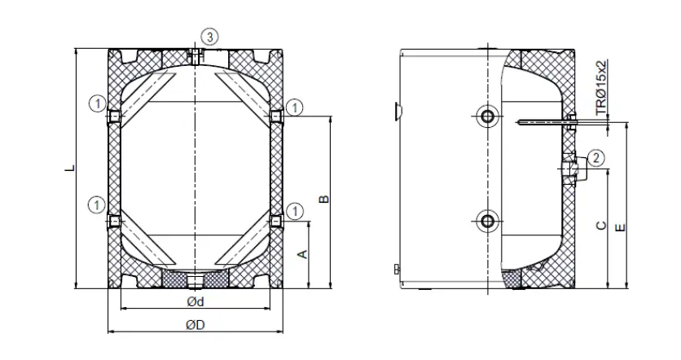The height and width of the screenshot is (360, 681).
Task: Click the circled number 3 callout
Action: [x=210, y=36]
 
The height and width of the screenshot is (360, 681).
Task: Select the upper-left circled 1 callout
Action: [x=97, y=103]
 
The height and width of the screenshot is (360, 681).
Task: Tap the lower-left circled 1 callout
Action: [x=97, y=203]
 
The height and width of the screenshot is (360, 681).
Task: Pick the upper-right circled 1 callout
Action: [x=295, y=106]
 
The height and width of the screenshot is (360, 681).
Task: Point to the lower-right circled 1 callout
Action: [x=295, y=212]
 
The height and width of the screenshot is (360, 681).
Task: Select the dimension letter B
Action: [x=322, y=199]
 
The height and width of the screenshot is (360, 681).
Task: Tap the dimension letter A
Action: [x=301, y=254]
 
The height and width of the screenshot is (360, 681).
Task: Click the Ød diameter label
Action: [x=195, y=302]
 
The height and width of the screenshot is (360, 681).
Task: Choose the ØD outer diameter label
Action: [x=195, y=325]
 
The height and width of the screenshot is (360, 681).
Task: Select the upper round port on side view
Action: [x=487, y=116]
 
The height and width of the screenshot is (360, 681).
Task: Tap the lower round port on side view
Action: [x=487, y=220]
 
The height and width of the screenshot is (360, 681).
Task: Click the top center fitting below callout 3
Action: [x=196, y=55]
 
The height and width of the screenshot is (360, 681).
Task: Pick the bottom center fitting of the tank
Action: [x=196, y=282]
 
